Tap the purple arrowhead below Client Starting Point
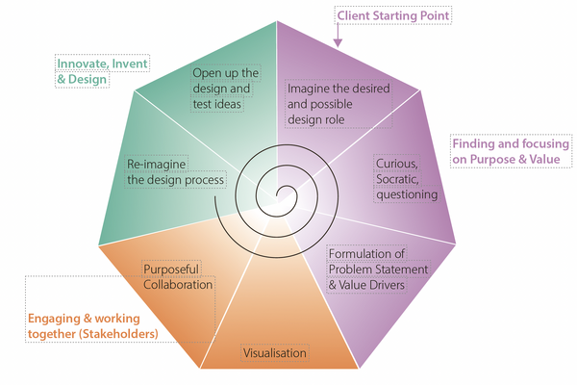pyautogui.click(x=339, y=41)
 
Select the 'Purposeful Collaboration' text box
pyautogui.click(x=178, y=277)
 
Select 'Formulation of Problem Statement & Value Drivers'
pyautogui.click(x=378, y=269)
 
